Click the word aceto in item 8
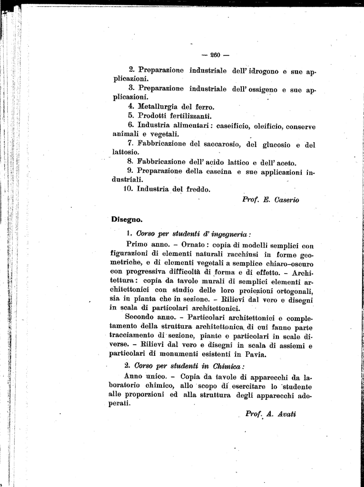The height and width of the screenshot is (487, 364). (285, 162)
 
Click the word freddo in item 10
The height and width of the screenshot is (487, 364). (196, 189)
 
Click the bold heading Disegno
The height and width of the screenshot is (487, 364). (127, 219)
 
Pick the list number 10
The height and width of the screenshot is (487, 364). (128, 189)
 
